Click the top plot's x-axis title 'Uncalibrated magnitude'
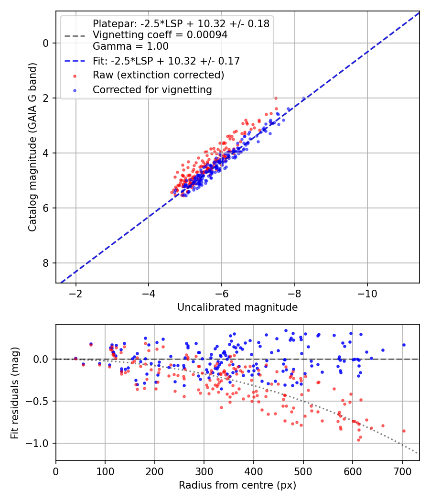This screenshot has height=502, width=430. [237, 307]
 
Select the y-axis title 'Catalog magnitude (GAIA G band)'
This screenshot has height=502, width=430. [32, 147]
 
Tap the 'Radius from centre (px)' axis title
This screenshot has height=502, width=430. [237, 485]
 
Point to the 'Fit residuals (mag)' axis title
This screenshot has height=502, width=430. [15, 393]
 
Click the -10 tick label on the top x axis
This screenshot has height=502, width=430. [367, 294]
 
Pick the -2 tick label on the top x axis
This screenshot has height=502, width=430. [76, 294]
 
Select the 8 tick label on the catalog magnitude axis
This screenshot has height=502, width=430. [45, 263]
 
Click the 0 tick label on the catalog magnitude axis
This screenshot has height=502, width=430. [45, 43]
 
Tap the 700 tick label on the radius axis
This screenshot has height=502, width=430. [402, 471]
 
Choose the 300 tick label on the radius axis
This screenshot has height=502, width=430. [204, 471]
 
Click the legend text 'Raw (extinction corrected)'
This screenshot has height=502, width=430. [158, 75]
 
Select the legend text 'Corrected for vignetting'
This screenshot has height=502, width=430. [152, 90]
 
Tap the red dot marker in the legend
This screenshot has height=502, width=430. [75, 76]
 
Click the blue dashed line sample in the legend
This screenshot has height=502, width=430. [75, 61]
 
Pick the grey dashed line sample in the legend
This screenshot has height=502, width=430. [75, 35]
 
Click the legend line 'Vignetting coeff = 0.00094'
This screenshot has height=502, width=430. [160, 34]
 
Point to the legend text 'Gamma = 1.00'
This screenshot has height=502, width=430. [130, 46]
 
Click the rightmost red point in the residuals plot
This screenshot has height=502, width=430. [404, 431]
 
